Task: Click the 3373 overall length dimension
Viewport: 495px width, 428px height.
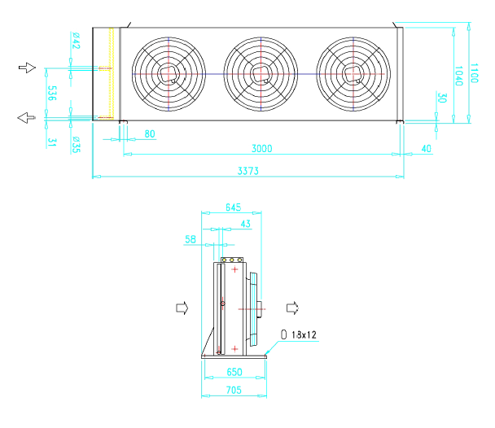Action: (x=247, y=171)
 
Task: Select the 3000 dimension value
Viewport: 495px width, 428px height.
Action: (x=261, y=149)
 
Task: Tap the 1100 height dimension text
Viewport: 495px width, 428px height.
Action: (x=474, y=73)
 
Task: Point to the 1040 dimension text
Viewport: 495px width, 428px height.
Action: (x=458, y=76)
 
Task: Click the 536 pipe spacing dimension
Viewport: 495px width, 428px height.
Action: (x=52, y=93)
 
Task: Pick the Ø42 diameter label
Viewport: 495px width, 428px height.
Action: (x=76, y=41)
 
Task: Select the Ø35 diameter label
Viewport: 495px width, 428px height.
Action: (x=76, y=145)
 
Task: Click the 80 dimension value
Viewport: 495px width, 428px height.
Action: (x=150, y=134)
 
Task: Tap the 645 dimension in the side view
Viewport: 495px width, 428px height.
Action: (x=234, y=207)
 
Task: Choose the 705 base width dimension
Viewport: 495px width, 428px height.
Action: (x=234, y=390)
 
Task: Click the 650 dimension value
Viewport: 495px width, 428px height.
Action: (x=234, y=372)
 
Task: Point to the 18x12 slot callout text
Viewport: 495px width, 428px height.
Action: (x=304, y=334)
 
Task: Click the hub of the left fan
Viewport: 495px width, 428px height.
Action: (x=168, y=74)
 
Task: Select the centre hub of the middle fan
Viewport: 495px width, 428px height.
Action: (x=261, y=74)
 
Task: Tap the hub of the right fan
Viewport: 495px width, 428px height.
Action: (x=353, y=74)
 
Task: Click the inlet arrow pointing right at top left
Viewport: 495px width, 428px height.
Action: (x=27, y=68)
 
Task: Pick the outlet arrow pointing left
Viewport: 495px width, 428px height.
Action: (x=26, y=118)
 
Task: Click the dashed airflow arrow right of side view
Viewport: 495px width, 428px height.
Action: (x=292, y=308)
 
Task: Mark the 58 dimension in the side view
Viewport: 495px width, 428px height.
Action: (x=191, y=239)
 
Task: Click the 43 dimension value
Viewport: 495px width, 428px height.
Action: (x=246, y=224)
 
